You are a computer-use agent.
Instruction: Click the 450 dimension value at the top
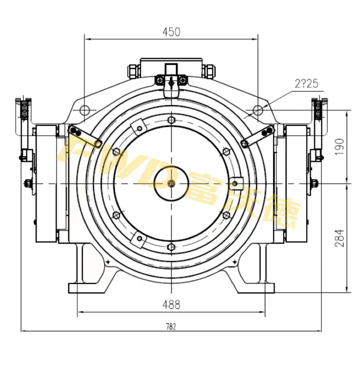[x=172, y=32]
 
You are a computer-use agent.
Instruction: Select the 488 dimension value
[x=172, y=305]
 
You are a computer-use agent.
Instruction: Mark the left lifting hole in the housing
[x=85, y=109]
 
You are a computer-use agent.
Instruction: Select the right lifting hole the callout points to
[x=258, y=109]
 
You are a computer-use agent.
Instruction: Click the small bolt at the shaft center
[x=172, y=183]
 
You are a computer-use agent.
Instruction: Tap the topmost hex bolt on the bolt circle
[x=172, y=120]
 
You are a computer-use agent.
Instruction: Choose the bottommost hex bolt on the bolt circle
[x=172, y=246]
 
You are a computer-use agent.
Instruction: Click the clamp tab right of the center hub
[x=236, y=183]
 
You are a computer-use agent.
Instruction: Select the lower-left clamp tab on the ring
[x=139, y=239]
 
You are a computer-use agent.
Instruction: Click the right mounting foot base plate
[x=256, y=288]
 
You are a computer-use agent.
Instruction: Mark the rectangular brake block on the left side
[x=46, y=183]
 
